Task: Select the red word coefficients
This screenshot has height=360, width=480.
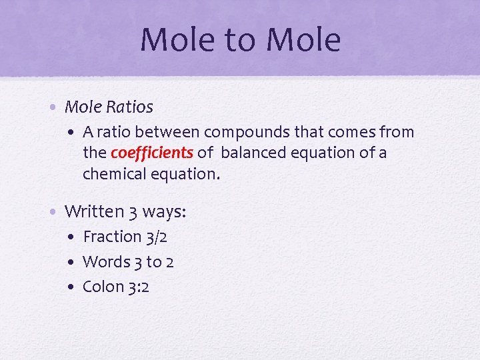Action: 152,153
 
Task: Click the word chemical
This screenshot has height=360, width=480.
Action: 114,173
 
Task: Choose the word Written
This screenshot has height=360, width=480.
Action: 95,212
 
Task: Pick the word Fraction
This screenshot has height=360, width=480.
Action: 112,237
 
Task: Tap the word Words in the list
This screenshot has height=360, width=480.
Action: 107,262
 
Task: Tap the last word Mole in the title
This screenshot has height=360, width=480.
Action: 303,39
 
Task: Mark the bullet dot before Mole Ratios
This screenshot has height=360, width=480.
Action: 56,107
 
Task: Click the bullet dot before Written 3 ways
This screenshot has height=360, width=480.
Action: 56,213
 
